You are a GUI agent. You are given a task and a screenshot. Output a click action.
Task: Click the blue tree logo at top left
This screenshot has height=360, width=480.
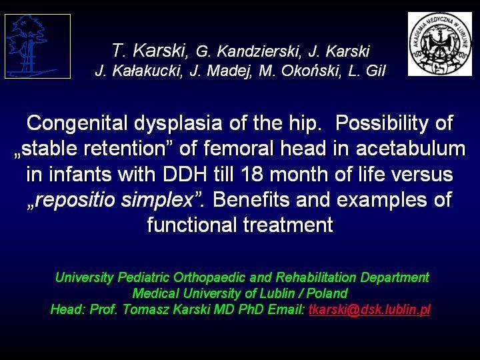(37, 46)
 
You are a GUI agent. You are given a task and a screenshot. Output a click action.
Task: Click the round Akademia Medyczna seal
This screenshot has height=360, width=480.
(440, 44)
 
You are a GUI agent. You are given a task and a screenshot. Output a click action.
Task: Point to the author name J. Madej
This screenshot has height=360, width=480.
(221, 71)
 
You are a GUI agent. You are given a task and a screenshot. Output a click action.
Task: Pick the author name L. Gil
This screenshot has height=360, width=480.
(367, 71)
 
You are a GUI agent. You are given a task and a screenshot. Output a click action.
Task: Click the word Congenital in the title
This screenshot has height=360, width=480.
(77, 123)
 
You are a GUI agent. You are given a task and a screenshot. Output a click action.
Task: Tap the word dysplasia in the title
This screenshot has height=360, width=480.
(178, 123)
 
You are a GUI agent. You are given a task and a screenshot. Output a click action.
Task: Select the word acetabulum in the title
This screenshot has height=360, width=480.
(411, 148)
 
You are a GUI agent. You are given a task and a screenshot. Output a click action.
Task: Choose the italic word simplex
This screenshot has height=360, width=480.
(157, 200)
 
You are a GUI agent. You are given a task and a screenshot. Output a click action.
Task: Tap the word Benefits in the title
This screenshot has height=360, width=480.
(251, 199)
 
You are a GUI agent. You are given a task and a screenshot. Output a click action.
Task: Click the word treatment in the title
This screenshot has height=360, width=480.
(288, 225)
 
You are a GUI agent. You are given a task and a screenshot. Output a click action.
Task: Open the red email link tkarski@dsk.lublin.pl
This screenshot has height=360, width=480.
(369, 309)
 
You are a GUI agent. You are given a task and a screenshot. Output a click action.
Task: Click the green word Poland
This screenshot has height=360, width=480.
(327, 293)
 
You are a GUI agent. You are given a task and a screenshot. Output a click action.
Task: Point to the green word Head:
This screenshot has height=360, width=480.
(68, 309)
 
